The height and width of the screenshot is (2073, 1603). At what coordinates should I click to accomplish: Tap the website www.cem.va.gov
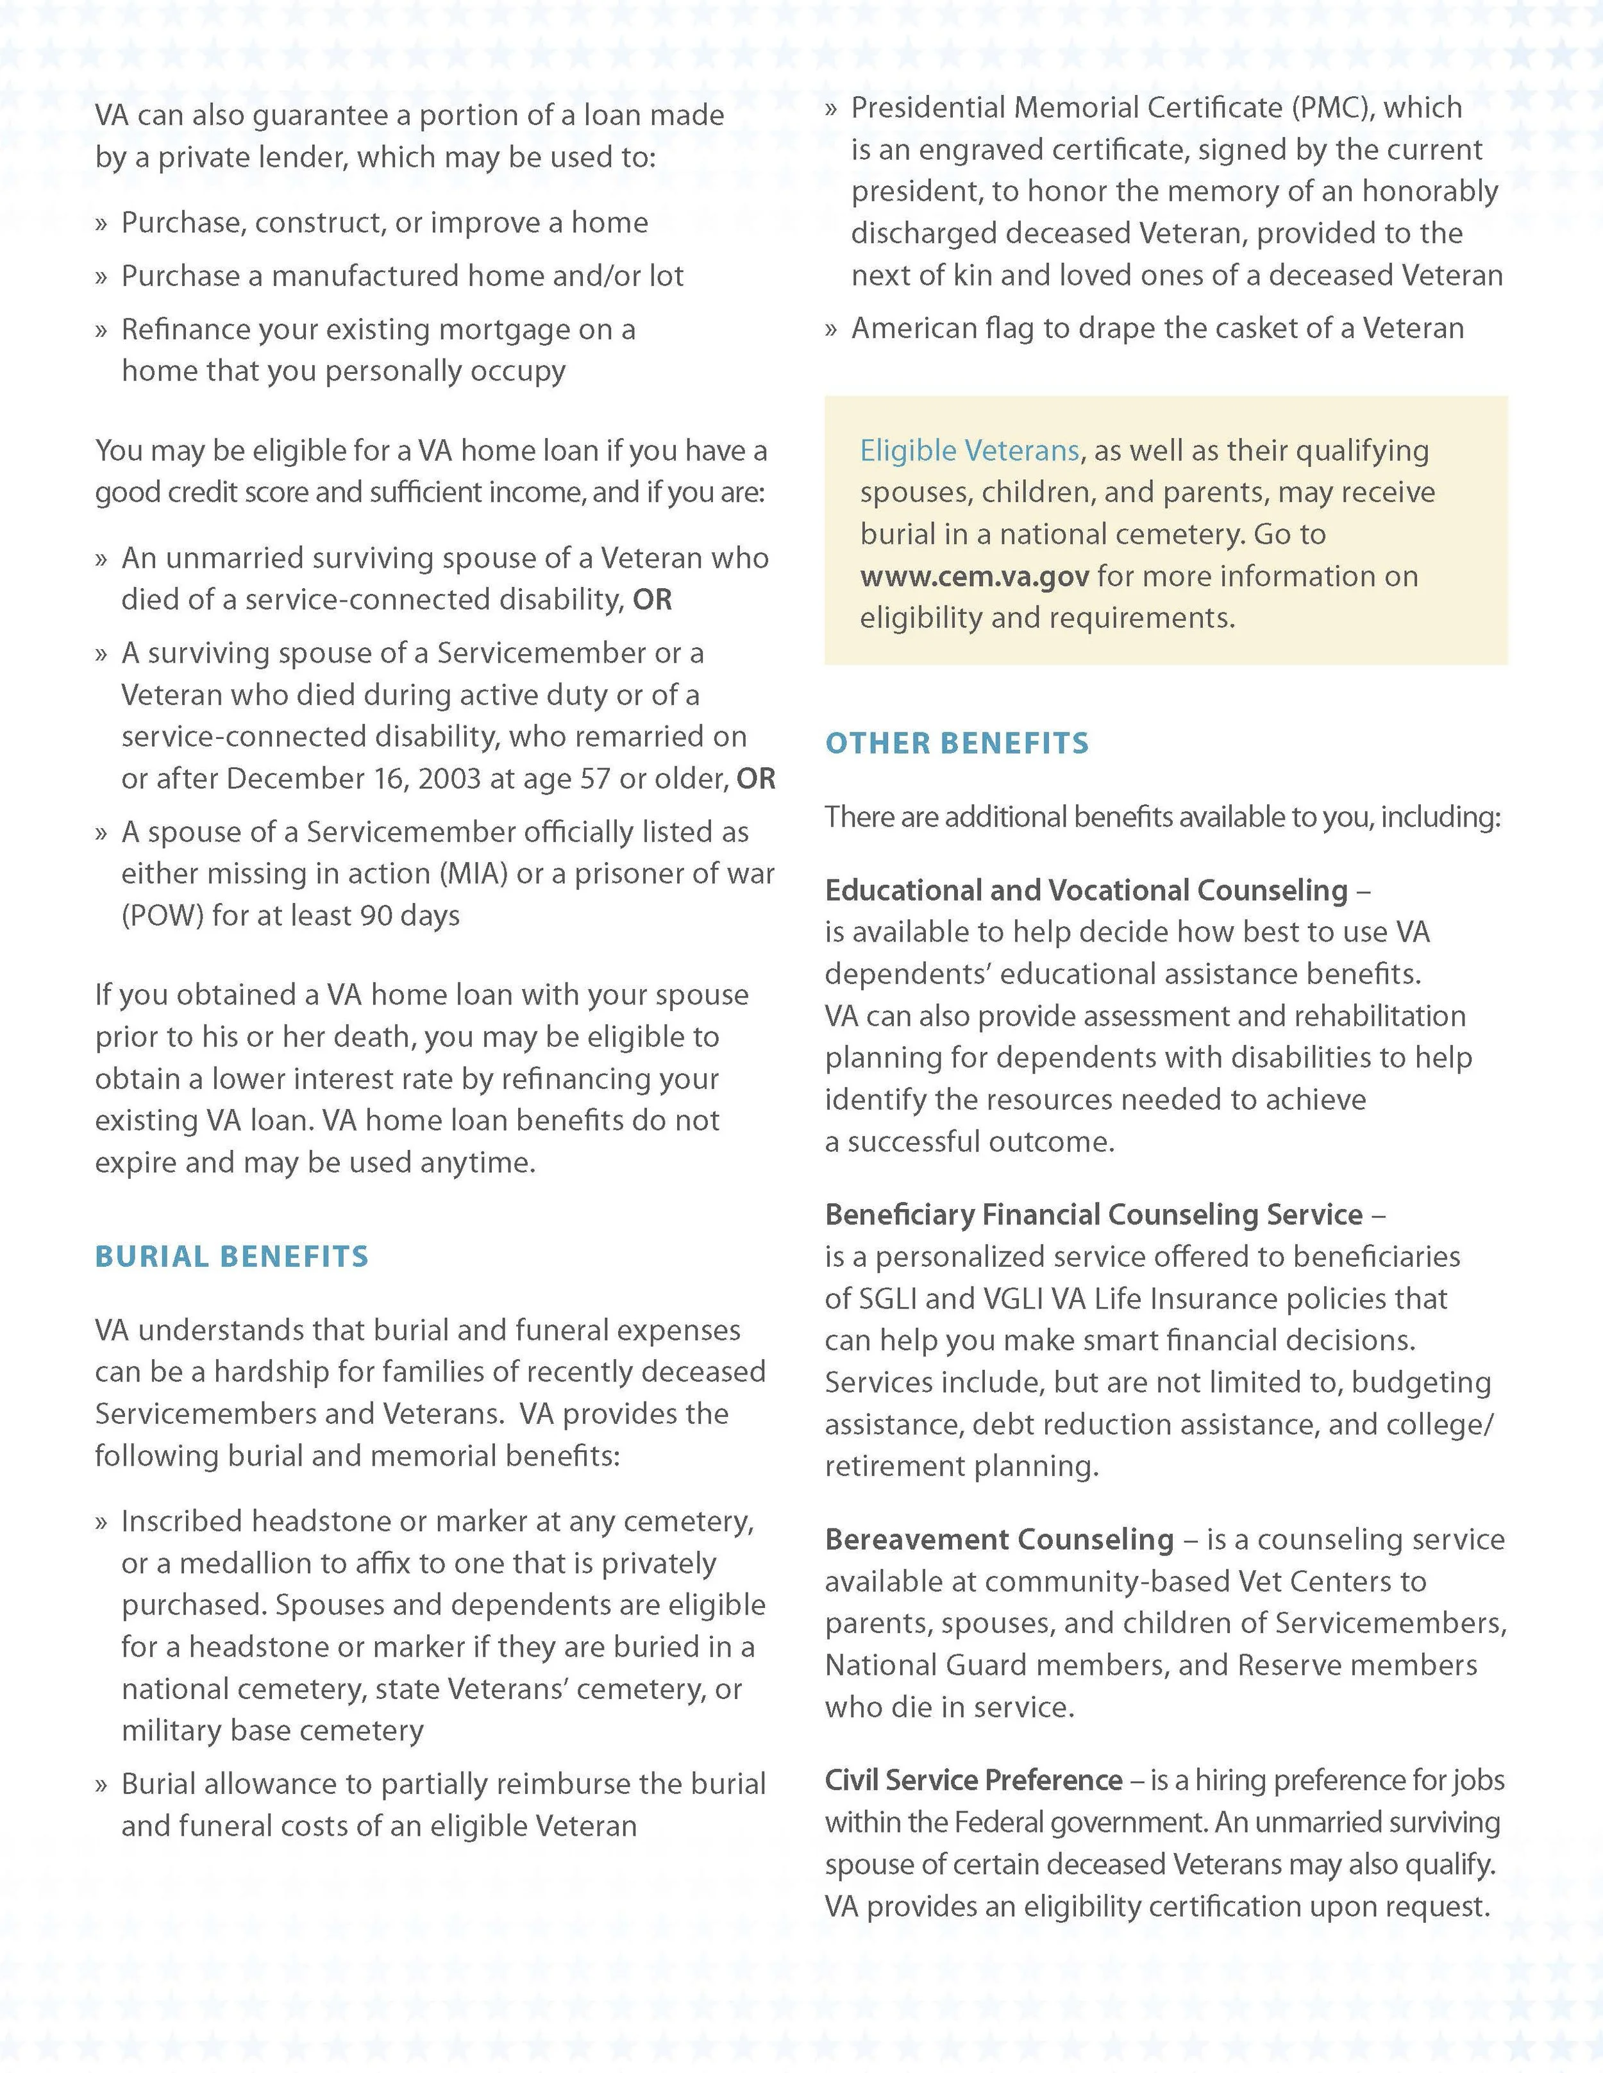974,576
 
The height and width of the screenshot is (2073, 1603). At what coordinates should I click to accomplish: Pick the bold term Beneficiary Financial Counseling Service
1093,1214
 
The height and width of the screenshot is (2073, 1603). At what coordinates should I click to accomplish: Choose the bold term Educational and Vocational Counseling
1086,890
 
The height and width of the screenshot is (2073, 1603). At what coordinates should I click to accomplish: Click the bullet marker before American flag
832,330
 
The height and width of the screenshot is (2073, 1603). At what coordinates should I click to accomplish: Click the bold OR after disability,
652,600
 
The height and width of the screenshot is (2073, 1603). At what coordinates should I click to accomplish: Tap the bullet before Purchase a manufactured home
101,277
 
